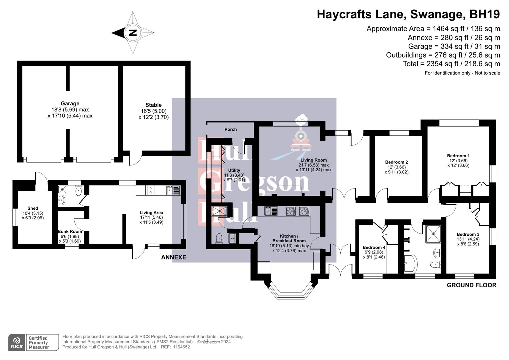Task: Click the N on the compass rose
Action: coord(133,33)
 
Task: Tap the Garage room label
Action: coord(70,104)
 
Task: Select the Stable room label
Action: coord(153,105)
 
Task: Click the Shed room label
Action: coord(33,208)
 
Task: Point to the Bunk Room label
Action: coord(70,231)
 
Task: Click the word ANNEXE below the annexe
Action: coord(173,257)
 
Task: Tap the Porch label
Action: coord(231,129)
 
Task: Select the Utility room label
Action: coord(234,170)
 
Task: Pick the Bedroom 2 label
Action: coord(397,162)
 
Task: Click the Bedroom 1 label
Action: coord(458,156)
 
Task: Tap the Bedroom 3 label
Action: coord(468,234)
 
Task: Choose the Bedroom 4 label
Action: coord(374,247)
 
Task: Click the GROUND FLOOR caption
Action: coord(471,285)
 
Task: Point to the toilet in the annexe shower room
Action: coord(79,191)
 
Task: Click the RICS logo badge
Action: coord(16,342)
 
